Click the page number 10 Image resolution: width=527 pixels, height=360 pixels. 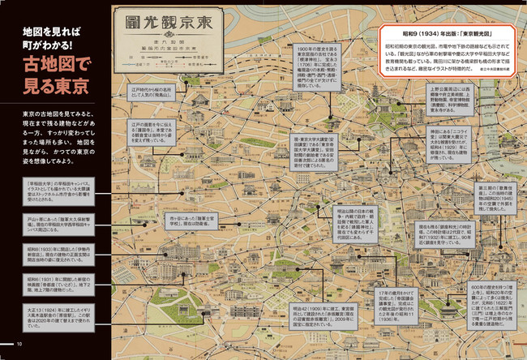coord(18,346)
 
